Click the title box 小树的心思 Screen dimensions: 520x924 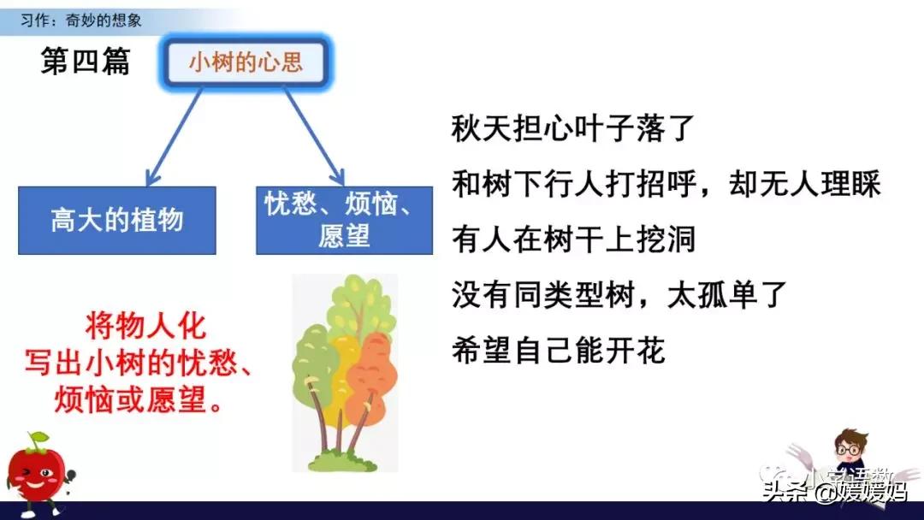246,63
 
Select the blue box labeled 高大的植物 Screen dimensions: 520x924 117,220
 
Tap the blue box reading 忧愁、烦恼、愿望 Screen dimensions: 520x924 344,220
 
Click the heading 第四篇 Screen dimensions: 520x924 86,62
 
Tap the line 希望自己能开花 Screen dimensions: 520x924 558,350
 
